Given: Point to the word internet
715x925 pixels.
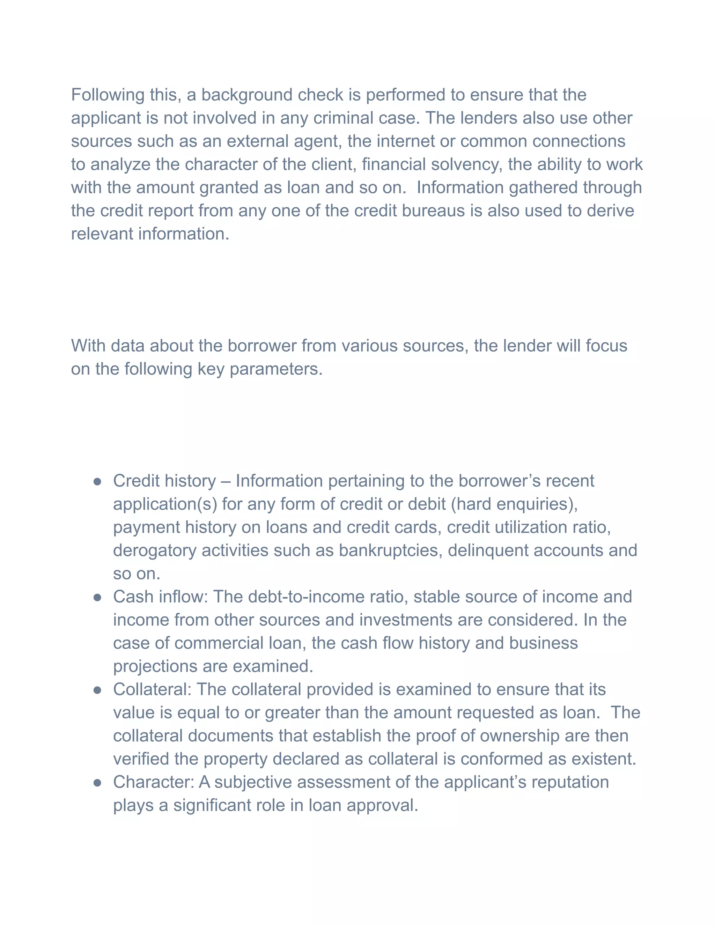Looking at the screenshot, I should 405,141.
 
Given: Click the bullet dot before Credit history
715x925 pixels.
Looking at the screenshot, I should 97,482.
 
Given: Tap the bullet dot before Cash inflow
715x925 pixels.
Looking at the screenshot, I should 97,598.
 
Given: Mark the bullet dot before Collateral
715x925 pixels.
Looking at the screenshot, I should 97,690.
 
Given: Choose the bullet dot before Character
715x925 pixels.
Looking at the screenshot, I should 97,783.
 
